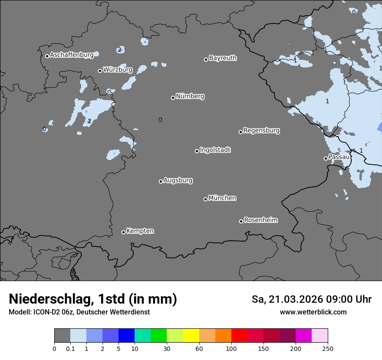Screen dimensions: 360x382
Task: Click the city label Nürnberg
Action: (x=190, y=96)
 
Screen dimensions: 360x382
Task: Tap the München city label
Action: (x=222, y=198)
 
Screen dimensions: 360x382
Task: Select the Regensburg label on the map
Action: (x=261, y=131)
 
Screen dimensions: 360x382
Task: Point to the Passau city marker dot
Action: (x=326, y=158)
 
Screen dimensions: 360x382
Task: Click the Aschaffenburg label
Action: (x=72, y=55)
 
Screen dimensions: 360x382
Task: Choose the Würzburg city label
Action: (x=117, y=70)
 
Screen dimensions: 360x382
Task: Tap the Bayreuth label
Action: (x=223, y=58)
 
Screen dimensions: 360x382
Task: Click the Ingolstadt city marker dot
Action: (x=197, y=151)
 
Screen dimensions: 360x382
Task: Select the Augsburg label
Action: (x=178, y=180)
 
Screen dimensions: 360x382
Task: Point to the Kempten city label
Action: (x=140, y=231)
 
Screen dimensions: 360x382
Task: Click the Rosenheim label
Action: (x=260, y=220)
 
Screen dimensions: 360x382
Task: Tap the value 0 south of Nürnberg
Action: (x=160, y=120)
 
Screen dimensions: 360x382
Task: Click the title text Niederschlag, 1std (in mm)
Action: (x=93, y=299)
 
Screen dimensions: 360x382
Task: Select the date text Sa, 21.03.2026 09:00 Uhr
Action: (x=311, y=299)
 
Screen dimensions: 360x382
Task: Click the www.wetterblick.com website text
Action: (x=313, y=312)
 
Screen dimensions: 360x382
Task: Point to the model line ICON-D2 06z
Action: (x=79, y=312)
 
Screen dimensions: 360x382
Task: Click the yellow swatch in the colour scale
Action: (x=191, y=336)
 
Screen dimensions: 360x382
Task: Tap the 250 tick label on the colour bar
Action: (x=328, y=348)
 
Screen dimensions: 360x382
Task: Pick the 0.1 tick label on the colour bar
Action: (x=70, y=348)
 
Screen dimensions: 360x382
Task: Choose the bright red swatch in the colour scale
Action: (x=239, y=336)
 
